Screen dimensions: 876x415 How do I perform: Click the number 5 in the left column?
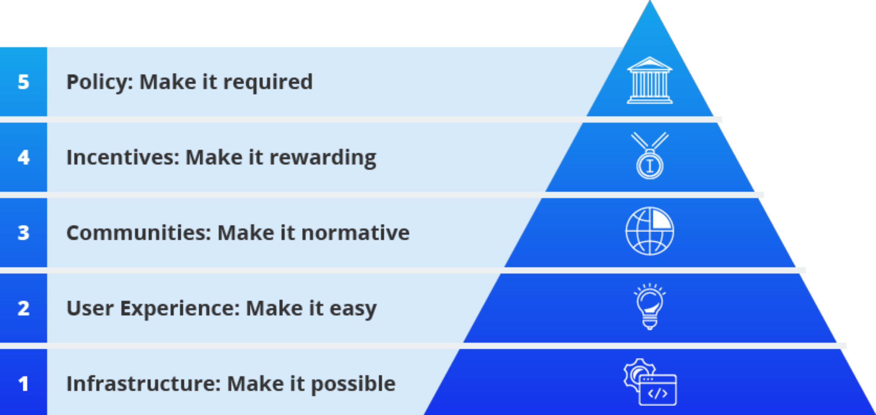click(23, 82)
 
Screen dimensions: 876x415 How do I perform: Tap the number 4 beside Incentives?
click(23, 157)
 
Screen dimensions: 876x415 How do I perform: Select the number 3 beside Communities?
click(23, 233)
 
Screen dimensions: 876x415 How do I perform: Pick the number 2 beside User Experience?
click(23, 308)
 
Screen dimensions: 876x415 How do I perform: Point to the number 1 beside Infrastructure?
click(23, 384)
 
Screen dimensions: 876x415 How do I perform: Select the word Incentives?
click(123, 158)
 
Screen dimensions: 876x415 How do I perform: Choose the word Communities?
click(139, 233)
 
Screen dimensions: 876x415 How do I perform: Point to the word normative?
click(355, 233)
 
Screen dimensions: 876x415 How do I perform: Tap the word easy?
click(353, 309)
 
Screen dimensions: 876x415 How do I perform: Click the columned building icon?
click(650, 80)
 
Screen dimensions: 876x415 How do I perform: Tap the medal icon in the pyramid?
click(650, 156)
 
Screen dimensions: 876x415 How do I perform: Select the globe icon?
click(650, 231)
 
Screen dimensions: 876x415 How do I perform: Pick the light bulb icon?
click(650, 307)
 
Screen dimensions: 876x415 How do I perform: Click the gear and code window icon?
click(650, 382)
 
